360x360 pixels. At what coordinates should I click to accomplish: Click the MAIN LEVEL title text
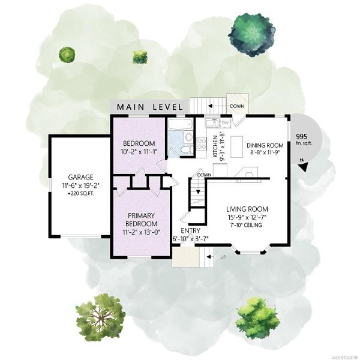150,107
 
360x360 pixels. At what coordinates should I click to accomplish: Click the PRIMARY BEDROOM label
141,220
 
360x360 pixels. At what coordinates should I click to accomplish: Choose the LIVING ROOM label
247,209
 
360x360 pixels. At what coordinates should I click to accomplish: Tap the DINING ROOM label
265,145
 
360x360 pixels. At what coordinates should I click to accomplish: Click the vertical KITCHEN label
215,146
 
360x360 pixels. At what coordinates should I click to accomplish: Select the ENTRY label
190,230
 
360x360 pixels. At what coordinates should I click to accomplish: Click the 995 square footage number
301,137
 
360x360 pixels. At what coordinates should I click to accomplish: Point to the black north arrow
304,166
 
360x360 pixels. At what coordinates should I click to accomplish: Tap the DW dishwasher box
225,123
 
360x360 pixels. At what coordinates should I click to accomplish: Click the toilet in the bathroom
187,151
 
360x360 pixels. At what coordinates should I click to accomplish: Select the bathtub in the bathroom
180,125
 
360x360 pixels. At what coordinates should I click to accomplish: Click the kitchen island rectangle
237,147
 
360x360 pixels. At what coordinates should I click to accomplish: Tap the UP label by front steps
223,257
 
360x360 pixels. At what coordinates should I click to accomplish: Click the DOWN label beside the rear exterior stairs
237,107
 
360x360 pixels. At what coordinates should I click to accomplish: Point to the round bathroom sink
189,137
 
